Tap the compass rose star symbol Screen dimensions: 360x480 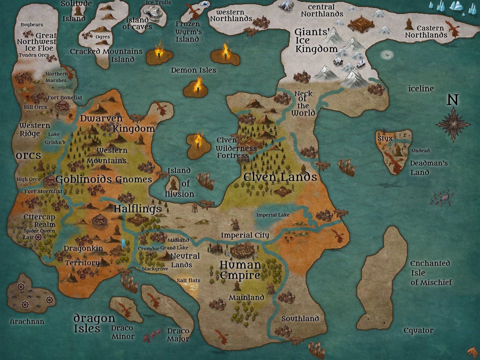[x=453, y=124]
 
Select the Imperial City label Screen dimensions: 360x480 [x=245, y=235]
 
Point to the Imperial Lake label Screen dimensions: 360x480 [x=273, y=215]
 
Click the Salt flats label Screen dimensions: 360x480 [x=188, y=280]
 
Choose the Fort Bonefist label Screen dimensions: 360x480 [x=65, y=98]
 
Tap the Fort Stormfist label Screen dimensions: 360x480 [x=43, y=191]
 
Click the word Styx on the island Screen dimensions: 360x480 [x=385, y=138]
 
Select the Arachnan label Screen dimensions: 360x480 [x=27, y=322]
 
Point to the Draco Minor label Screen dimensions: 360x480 [x=122, y=332]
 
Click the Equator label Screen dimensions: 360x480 [x=418, y=330]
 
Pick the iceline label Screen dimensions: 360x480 [x=421, y=89]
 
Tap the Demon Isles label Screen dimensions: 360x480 [x=193, y=70]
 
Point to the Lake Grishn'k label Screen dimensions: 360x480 [x=55, y=138]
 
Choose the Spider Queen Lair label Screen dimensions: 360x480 [x=39, y=234]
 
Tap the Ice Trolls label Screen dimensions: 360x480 [x=158, y=2]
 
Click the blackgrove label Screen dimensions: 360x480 [x=155, y=269]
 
